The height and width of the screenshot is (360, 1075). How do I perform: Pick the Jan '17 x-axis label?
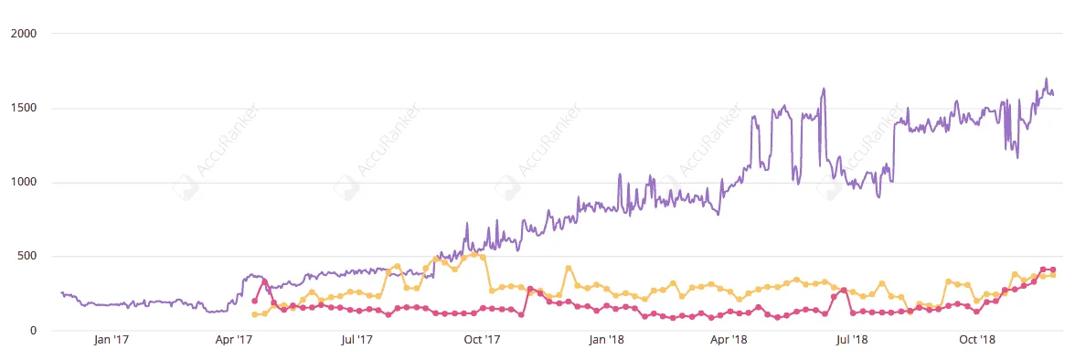coord(112,340)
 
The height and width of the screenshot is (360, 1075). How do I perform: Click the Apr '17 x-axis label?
coord(234,340)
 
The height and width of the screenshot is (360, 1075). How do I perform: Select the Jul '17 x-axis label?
coord(357,340)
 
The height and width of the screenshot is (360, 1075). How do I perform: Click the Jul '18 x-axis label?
coord(852,340)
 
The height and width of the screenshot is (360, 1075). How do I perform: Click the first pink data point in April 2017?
coord(254,301)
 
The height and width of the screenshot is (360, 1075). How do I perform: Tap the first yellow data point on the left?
coord(254,314)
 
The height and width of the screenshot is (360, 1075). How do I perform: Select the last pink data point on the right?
coord(1053,270)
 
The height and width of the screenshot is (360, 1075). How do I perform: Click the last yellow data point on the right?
coord(1053,275)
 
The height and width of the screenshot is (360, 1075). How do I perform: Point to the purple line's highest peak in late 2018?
coord(1047,79)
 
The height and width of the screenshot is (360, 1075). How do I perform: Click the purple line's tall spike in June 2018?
coord(824,90)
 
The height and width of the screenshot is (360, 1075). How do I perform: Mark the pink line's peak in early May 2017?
coord(264,282)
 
